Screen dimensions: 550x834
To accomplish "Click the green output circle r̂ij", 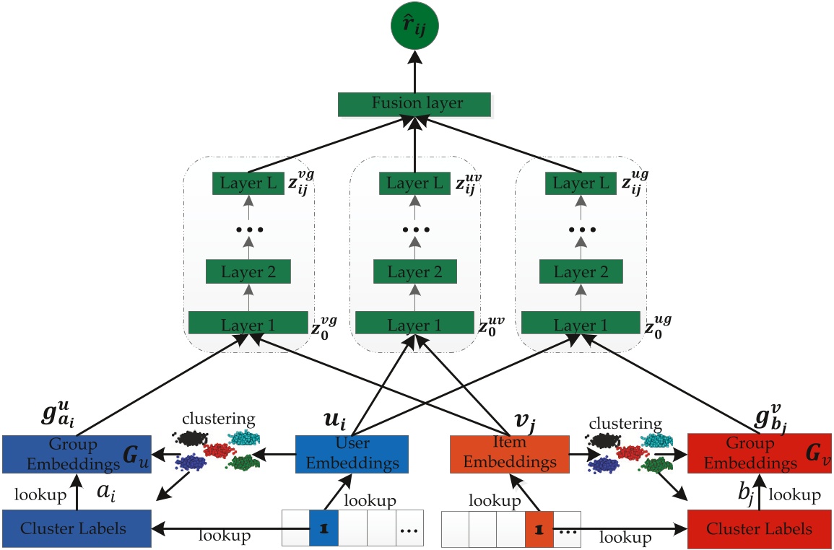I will pos(415,28).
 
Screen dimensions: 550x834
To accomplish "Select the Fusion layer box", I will pos(415,103).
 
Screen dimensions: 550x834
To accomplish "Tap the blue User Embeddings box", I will pos(352,453).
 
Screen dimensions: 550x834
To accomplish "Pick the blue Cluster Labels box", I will pos(76,528).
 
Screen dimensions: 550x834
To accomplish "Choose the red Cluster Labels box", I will pos(760,528).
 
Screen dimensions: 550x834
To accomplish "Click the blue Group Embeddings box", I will pos(76,453).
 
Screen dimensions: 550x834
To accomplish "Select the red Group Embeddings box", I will pos(760,453).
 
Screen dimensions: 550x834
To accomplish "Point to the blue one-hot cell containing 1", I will pos(323,528).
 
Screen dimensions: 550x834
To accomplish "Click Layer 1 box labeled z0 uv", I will pos(414,324).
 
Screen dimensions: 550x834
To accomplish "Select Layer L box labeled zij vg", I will pos(247,184).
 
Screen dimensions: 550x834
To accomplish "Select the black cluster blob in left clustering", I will pos(191,438).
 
